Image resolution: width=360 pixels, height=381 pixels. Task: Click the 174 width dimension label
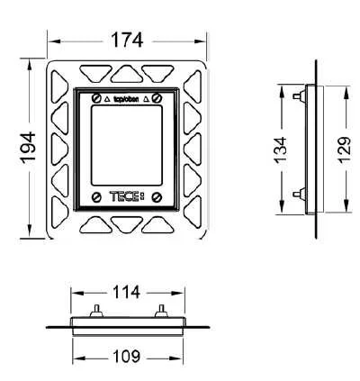point(126,41)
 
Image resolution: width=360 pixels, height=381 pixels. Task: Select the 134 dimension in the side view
point(281,150)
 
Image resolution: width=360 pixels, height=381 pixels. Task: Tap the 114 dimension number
point(127,292)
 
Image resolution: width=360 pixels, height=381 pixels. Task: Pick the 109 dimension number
point(127,358)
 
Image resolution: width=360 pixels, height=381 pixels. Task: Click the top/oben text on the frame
point(131,96)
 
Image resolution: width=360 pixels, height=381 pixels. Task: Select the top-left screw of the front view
point(95,97)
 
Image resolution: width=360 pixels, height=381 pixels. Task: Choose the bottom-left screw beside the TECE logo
point(95,195)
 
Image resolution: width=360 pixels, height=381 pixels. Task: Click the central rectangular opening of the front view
point(126,144)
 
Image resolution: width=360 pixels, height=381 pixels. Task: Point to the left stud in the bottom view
point(94,311)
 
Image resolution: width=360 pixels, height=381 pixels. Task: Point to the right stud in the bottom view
point(160,311)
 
